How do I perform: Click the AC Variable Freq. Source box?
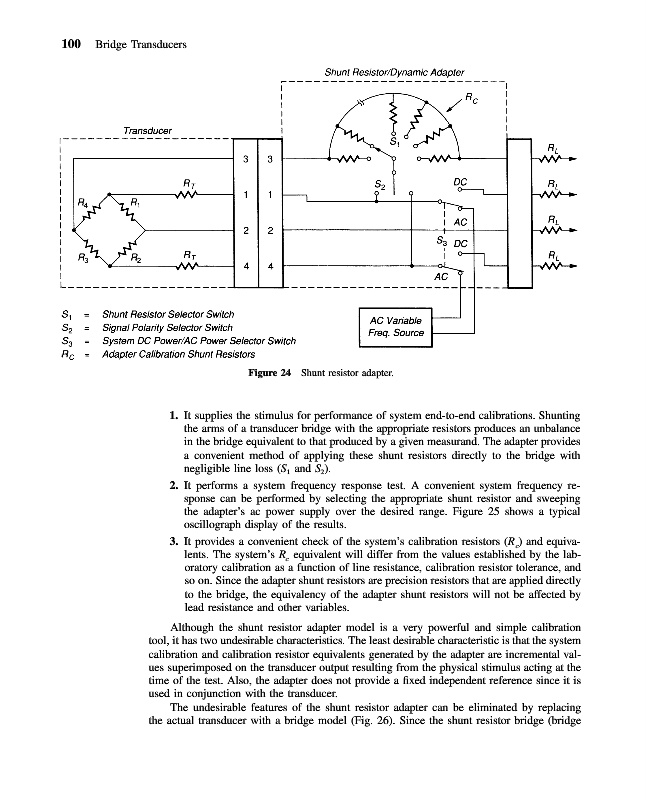tap(394, 325)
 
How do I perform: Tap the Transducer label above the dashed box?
tap(147, 130)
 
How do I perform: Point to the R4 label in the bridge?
tap(84, 205)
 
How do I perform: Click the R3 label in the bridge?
tap(83, 257)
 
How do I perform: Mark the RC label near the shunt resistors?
tap(471, 98)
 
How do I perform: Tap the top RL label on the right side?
tap(553, 148)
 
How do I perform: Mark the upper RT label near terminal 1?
tap(187, 181)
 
